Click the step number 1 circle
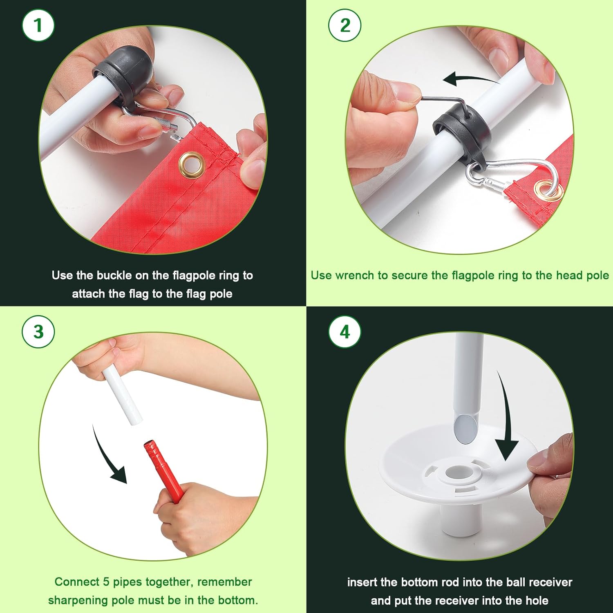tap(38, 25)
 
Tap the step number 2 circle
tap(345, 25)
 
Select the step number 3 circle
tap(38, 331)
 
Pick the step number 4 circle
tap(345, 331)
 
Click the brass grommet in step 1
tap(190, 165)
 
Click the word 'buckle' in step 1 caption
tap(114, 275)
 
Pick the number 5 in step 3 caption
tap(106, 582)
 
